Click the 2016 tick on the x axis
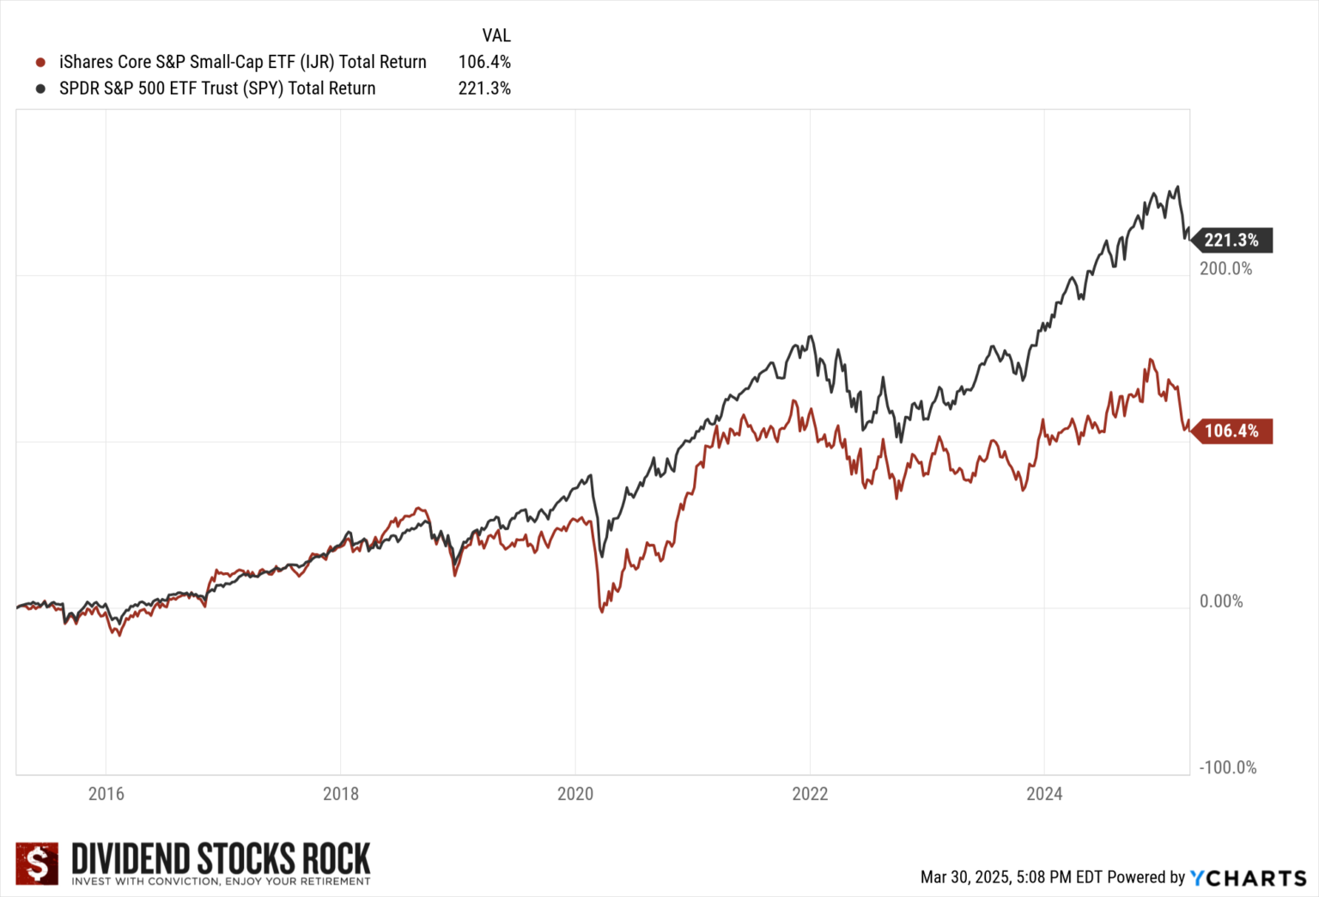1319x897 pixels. coord(106,794)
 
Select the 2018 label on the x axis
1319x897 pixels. coord(340,794)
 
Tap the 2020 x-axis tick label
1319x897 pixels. coord(574,794)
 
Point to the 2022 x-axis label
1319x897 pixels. coord(809,794)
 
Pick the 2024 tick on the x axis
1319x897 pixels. coord(1044,794)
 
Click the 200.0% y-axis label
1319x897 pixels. coord(1225,269)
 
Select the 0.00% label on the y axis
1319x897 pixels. coord(1221,601)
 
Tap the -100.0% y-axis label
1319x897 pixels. coord(1227,768)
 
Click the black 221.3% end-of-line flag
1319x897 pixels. coord(1231,241)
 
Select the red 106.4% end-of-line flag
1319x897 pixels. coord(1231,431)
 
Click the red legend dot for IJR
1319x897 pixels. coord(40,63)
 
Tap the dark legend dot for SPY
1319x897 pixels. coord(40,88)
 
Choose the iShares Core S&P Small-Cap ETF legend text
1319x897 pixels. coord(242,62)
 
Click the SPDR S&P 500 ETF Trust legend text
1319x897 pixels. coord(217,88)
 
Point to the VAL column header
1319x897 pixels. coord(496,36)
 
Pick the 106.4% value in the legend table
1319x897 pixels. coord(484,62)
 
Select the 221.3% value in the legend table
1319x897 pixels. coord(484,88)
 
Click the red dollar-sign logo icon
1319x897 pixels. coord(37,863)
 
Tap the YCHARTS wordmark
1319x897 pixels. coord(1249,877)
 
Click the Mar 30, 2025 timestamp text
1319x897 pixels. coord(1010,877)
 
